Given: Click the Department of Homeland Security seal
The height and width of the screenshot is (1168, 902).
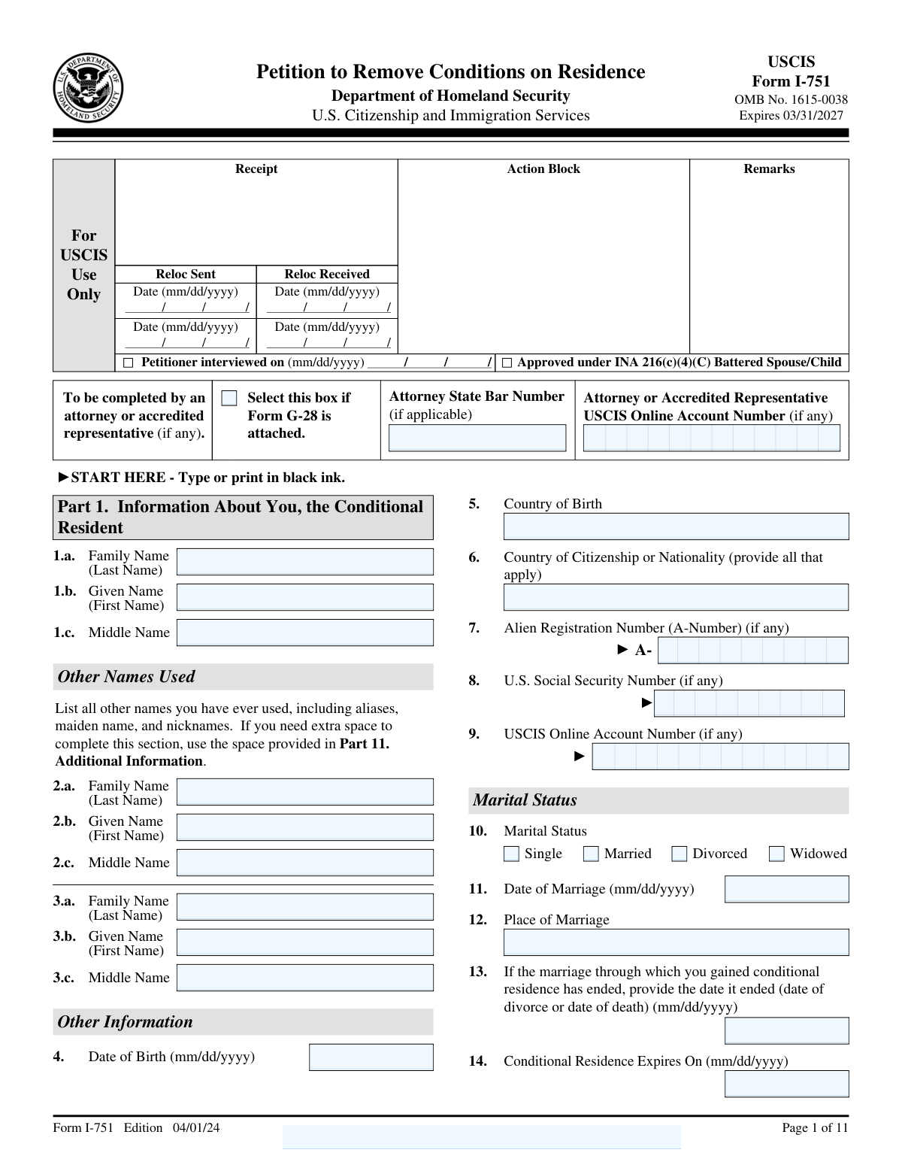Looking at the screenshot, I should pos(88,89).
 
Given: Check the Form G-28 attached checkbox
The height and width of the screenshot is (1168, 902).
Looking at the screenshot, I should pos(229,399).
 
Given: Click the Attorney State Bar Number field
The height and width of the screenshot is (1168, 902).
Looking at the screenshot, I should pos(477,438).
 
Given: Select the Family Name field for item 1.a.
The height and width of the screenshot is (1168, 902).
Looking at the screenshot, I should pos(305,562).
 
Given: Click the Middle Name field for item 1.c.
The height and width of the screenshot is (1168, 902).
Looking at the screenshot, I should pos(305,633).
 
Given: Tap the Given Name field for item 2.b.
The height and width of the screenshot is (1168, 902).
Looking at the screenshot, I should pos(305,827).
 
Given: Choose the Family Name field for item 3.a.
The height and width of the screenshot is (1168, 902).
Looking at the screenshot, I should pos(305,907).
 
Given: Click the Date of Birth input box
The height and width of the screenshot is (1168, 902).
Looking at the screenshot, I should pos(371,1057).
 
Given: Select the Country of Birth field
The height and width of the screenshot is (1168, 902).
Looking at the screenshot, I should pos(676,526).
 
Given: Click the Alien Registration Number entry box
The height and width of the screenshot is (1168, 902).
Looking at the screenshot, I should pos(752,651).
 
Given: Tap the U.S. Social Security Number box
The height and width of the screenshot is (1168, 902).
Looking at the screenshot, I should pos(749,703).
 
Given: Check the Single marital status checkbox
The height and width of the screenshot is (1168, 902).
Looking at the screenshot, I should pos(512,854).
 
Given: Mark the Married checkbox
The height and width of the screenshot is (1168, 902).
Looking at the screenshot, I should pos(592,854).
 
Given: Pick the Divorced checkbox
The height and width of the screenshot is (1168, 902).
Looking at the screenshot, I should pos(680,854).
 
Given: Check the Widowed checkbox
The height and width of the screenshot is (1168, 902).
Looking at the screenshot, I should pos(777,854).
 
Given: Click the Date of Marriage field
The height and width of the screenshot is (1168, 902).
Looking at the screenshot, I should pos(786,889).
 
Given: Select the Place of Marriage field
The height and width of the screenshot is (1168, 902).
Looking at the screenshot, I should pos(676,942).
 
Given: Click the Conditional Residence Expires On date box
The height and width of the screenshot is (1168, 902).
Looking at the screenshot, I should pos(786,1084).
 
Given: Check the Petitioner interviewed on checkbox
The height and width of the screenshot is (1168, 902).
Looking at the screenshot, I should pos(128,363).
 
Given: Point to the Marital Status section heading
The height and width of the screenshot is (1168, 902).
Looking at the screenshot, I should pos(525,800).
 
